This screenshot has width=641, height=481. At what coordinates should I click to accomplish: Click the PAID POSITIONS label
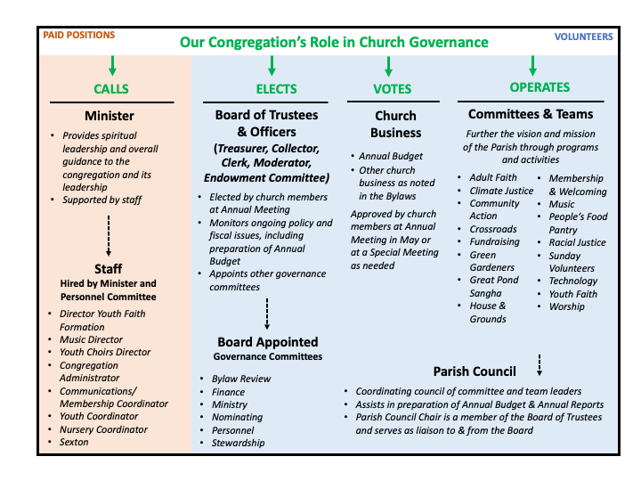(78, 36)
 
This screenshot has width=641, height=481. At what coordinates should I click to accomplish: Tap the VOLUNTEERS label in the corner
(583, 37)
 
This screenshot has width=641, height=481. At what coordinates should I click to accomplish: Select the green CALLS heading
(111, 89)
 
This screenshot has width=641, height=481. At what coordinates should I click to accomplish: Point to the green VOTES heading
(390, 89)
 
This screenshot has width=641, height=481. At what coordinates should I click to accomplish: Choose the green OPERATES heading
(540, 87)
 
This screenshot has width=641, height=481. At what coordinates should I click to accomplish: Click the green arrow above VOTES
(388, 66)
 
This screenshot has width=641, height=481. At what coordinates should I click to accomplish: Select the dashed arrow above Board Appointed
(267, 314)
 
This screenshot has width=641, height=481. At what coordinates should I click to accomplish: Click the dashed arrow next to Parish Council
(540, 365)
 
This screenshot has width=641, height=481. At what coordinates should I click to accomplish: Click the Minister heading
(110, 116)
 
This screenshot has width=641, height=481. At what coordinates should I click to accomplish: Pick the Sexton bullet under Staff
(75, 442)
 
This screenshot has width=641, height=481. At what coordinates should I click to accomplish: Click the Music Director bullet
(91, 339)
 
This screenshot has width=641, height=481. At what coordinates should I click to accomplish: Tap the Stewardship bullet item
(238, 443)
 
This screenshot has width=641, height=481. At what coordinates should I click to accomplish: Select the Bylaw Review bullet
(241, 379)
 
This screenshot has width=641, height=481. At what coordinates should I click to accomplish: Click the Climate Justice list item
(501, 191)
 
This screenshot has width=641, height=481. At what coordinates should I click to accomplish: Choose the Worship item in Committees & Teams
(566, 306)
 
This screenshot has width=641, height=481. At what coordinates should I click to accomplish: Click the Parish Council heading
(475, 371)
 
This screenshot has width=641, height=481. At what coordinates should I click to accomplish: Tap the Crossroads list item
(493, 229)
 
